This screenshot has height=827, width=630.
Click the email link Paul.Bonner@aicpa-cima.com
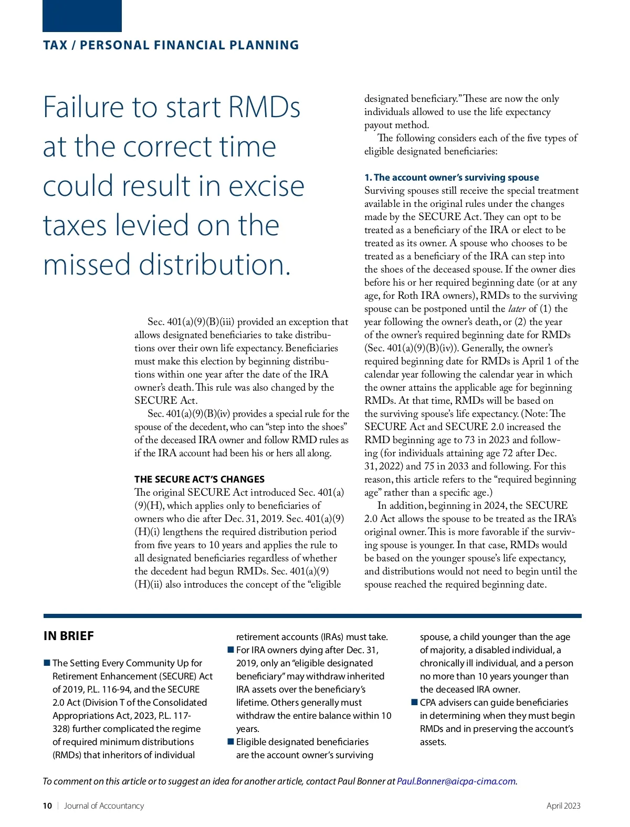pos(456,781)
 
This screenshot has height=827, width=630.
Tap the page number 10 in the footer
pos(47,806)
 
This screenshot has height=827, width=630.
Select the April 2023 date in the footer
pos(563,806)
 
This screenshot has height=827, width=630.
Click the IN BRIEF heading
pos(69,636)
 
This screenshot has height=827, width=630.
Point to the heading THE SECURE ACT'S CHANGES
pos(199,479)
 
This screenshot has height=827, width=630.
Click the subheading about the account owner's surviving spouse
pos(451,177)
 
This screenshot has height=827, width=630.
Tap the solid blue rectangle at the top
pos(82,16)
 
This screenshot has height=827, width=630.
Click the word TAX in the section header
pos(55,46)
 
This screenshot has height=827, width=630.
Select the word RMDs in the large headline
pos(264,107)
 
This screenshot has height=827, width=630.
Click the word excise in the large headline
pos(267,186)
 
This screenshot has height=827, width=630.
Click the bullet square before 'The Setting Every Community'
pos(47,663)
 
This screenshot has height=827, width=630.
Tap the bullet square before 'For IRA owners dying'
pos(230,650)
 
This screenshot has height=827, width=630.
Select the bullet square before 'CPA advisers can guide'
pos(414,703)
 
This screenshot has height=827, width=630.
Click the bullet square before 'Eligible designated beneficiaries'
pos(230,742)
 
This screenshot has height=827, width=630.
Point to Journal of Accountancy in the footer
pos(104,806)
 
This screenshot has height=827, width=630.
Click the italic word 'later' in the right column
pos(517,309)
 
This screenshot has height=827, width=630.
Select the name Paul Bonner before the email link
pos(361,781)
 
